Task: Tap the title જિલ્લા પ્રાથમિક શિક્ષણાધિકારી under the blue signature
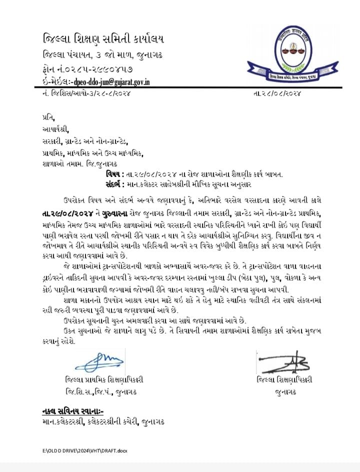[x=103, y=380]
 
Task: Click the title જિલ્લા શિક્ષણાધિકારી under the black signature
[x=283, y=380]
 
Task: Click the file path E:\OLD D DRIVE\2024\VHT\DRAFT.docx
[x=84, y=451]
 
